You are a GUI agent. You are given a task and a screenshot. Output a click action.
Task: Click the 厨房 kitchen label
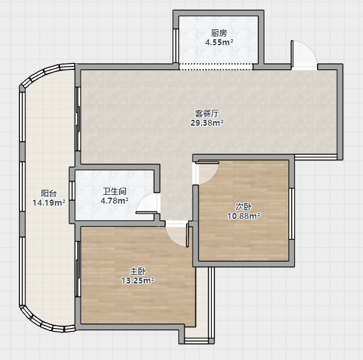click(x=218, y=33)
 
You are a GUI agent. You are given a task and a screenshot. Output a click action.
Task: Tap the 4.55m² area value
click(x=219, y=43)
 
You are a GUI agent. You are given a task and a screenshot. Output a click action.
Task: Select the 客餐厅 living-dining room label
click(x=206, y=113)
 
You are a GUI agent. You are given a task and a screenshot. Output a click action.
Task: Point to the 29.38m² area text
click(x=207, y=122)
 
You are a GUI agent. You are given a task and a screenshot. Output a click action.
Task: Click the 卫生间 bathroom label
click(x=115, y=192)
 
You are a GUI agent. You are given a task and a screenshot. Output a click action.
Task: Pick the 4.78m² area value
click(x=115, y=200)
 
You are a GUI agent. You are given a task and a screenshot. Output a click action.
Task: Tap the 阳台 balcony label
click(x=49, y=193)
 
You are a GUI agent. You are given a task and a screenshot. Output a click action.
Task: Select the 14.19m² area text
click(x=49, y=203)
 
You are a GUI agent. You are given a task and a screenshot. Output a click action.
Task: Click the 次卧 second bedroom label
click(x=244, y=206)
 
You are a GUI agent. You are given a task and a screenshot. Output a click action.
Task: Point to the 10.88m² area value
click(x=244, y=216)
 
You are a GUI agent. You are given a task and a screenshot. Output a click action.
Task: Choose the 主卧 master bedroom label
click(x=138, y=271)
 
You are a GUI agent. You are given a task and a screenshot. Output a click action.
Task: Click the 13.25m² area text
click(x=138, y=280)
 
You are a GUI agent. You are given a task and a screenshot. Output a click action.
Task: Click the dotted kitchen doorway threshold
click(x=216, y=67)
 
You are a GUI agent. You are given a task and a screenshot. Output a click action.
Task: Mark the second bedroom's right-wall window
click(x=292, y=214)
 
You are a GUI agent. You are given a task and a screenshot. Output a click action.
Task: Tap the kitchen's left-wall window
click(x=176, y=45)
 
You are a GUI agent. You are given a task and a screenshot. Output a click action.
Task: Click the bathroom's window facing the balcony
click(x=72, y=190)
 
